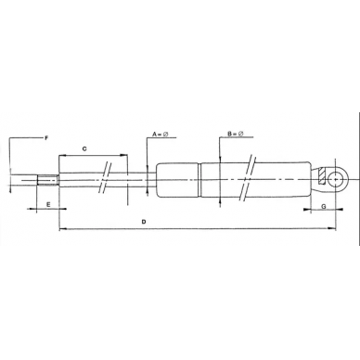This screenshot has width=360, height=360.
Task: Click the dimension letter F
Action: [46, 138]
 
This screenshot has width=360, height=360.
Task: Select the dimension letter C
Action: [84, 148]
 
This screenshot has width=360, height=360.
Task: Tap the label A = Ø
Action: [161, 135]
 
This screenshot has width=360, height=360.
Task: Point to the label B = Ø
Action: [236, 134]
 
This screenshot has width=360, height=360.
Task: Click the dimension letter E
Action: [48, 204]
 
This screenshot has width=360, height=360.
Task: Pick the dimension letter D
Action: [144, 222]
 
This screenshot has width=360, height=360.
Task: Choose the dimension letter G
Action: [324, 206]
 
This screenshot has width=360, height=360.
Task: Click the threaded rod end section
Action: [47, 180]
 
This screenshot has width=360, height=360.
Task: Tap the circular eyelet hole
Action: [336, 179]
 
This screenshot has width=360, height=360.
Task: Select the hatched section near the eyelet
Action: [322, 175]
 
